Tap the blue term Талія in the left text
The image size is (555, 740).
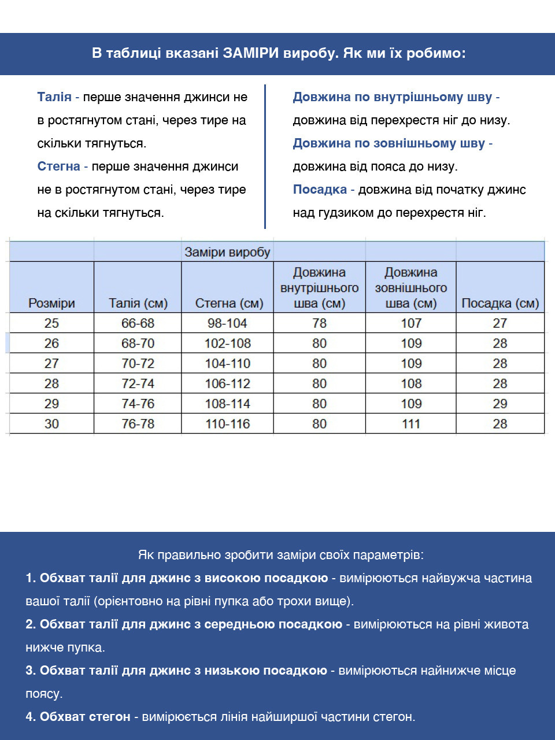[54, 97]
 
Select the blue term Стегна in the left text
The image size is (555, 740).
[58, 166]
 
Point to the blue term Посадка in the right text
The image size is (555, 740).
[320, 190]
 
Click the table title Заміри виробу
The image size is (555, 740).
[227, 252]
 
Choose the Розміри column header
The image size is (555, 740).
[51, 303]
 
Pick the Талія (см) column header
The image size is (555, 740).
[138, 303]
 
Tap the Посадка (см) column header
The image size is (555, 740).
[500, 303]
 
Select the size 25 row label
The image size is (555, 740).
[51, 323]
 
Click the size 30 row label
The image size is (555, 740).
[51, 424]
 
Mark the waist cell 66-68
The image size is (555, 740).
[138, 323]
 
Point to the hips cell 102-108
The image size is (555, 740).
[227, 343]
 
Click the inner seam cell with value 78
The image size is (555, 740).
[319, 323]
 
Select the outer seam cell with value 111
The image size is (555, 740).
[411, 424]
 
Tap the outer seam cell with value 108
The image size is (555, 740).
[411, 383]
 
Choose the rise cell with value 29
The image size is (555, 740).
[500, 404]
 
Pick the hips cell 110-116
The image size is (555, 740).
[227, 424]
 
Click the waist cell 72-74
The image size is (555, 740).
[138, 383]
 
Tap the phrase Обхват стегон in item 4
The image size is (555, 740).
[85, 717]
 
